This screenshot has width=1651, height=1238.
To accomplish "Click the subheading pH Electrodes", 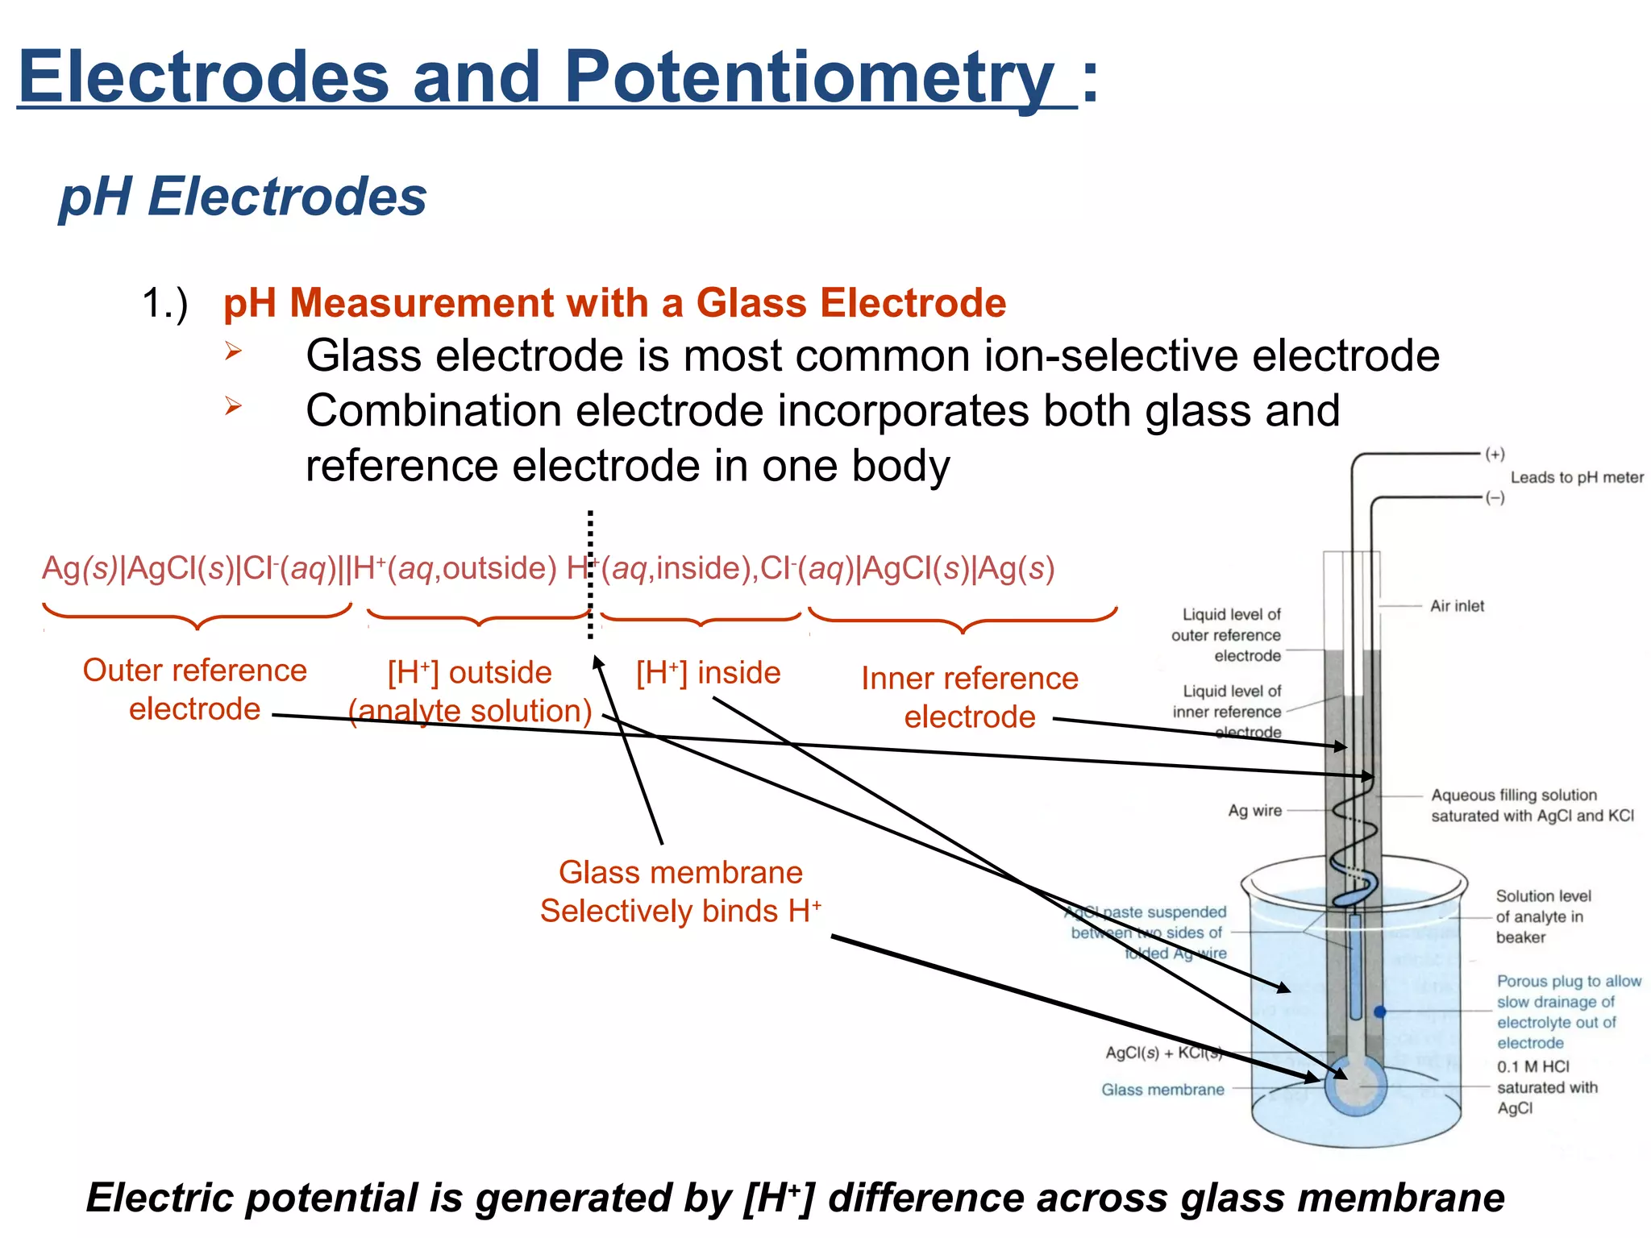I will [x=243, y=197].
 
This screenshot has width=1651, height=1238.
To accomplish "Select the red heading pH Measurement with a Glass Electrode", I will [x=614, y=304].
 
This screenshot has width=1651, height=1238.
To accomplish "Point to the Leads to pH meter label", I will [x=1576, y=477].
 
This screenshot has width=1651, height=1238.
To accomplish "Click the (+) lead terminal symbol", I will [x=1495, y=454].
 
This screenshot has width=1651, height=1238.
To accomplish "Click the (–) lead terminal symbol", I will [x=1495, y=497].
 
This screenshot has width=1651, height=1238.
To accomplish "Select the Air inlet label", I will [x=1457, y=606].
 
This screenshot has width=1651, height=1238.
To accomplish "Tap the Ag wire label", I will [x=1254, y=811].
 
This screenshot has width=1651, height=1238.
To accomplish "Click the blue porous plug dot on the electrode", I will [x=1379, y=1012].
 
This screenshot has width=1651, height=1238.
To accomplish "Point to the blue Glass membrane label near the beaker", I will [x=1162, y=1090].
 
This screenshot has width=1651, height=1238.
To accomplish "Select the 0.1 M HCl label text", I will [x=1532, y=1067].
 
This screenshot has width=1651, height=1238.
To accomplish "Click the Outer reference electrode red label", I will [x=195, y=690].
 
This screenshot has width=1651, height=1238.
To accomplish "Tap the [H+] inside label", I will [x=708, y=673].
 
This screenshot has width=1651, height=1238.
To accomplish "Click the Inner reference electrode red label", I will [x=969, y=697].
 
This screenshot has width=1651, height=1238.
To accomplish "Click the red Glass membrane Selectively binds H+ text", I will [x=680, y=892].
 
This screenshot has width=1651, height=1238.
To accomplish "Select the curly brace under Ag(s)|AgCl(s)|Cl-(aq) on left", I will [x=198, y=616].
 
